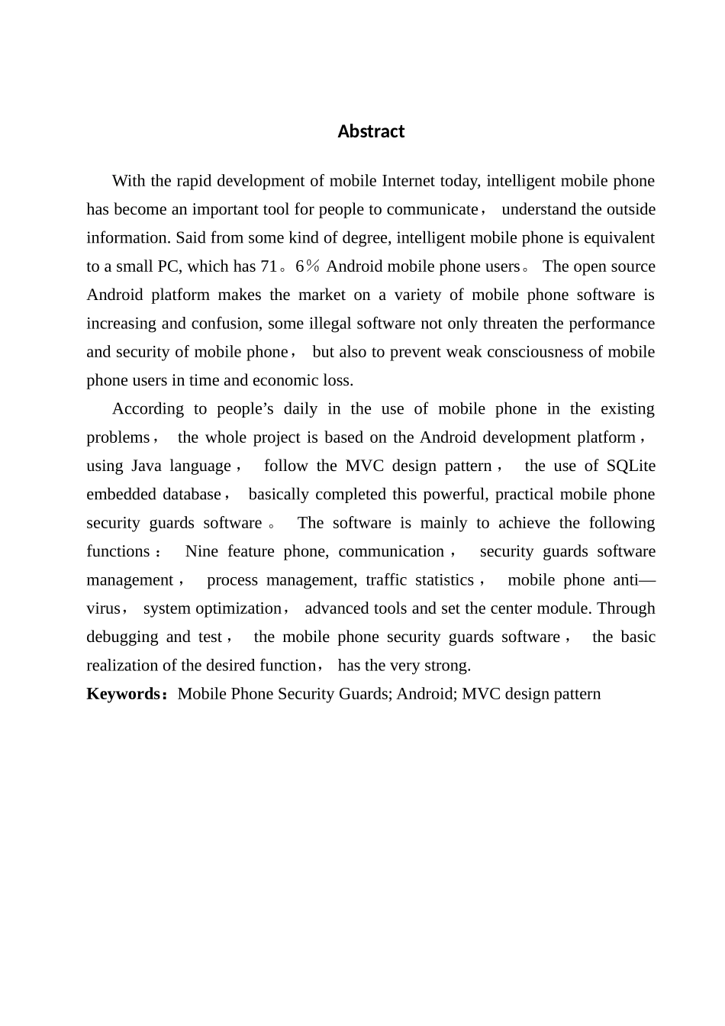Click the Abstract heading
point(371,131)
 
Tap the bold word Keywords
point(122,694)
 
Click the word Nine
point(201,551)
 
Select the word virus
point(103,608)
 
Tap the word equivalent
point(619,237)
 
